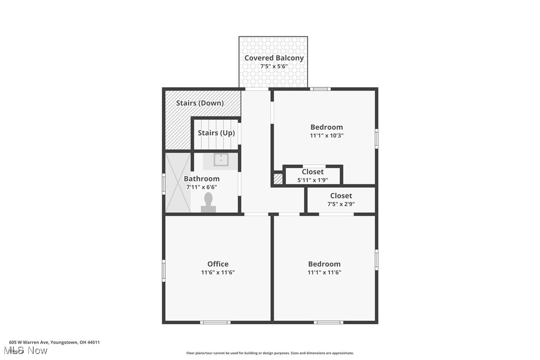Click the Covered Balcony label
pyautogui.click(x=273, y=58)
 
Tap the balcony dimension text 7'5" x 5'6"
pyautogui.click(x=273, y=66)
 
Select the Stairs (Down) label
pyautogui.click(x=200, y=103)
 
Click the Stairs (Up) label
pyautogui.click(x=216, y=133)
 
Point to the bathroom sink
pyautogui.click(x=221, y=160)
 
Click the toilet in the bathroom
pyautogui.click(x=208, y=202)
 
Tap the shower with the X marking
pyautogui.click(x=178, y=182)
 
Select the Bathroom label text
pyautogui.click(x=201, y=179)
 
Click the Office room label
pyautogui.click(x=218, y=264)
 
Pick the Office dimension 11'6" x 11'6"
pyautogui.click(x=218, y=272)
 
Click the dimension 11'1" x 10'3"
pyautogui.click(x=326, y=135)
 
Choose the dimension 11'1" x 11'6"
pyautogui.click(x=324, y=272)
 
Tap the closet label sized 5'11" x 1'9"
pyautogui.click(x=313, y=172)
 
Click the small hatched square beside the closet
pyautogui.click(x=278, y=179)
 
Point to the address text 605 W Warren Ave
pyautogui.click(x=55, y=342)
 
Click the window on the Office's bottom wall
pyautogui.click(x=215, y=322)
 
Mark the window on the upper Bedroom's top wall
pyautogui.click(x=320, y=89)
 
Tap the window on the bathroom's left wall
pyautogui.click(x=164, y=183)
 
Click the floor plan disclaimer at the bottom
pyautogui.click(x=270, y=353)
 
